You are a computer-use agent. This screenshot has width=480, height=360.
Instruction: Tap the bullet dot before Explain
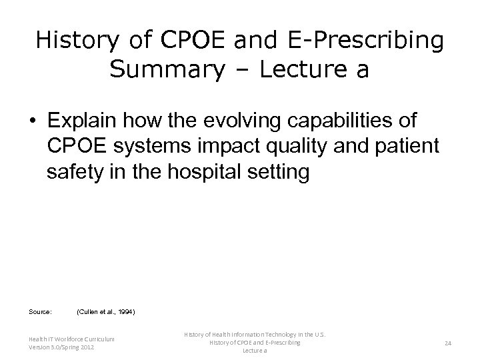[32, 122]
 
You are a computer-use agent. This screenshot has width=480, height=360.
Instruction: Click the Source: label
[40, 311]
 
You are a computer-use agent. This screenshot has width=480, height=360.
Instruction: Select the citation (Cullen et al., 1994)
[107, 311]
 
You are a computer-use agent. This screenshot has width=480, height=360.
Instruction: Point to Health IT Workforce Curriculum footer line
[71, 339]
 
